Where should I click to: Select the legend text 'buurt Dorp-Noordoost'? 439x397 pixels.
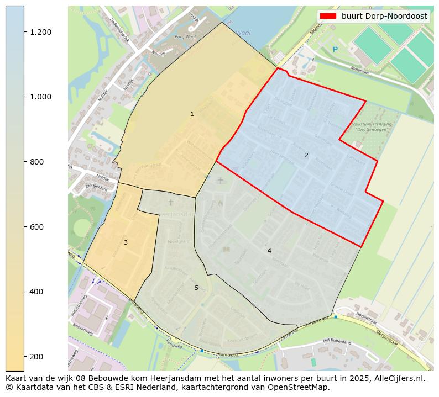click(384, 17)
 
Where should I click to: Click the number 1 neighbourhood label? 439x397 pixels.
click(192, 114)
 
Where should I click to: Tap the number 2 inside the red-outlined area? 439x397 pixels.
click(306, 156)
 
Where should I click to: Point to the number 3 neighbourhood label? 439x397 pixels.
click(126, 243)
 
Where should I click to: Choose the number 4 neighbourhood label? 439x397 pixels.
click(269, 251)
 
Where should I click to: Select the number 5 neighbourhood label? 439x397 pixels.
click(196, 288)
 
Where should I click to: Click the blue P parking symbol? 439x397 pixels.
click(335, 50)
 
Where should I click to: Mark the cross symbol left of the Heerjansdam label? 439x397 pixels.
click(155, 203)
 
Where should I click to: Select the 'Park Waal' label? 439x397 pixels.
click(185, 37)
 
